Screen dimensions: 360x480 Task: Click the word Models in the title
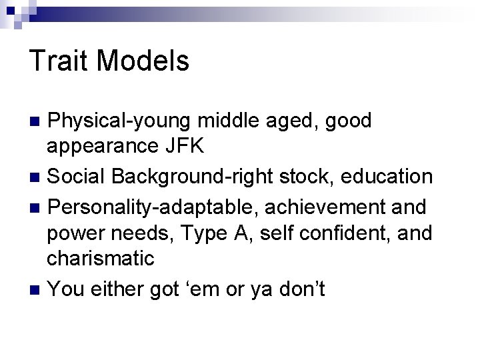point(143,61)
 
